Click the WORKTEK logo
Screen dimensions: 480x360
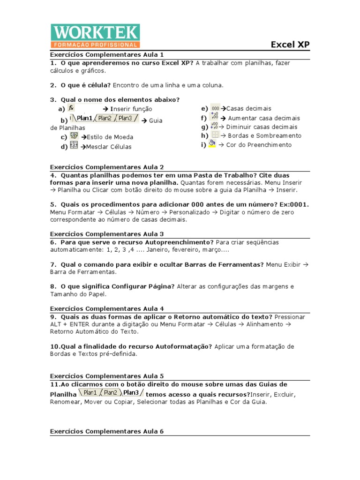(x=95, y=36)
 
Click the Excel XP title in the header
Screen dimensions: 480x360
(x=290, y=45)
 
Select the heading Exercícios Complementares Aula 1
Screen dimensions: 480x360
(x=107, y=54)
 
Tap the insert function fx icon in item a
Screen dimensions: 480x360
(x=71, y=108)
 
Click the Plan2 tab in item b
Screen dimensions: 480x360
(x=105, y=119)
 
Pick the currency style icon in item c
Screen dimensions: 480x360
(x=74, y=136)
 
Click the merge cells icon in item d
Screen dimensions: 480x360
(x=74, y=146)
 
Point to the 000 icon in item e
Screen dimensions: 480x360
(x=215, y=108)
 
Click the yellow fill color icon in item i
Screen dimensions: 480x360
(x=212, y=144)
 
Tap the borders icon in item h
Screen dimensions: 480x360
(x=215, y=135)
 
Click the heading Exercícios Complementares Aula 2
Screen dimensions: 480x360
(x=107, y=167)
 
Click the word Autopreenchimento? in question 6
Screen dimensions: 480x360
(x=180, y=242)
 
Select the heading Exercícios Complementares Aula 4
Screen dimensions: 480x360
(x=107, y=308)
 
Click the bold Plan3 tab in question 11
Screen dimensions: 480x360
(x=132, y=393)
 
